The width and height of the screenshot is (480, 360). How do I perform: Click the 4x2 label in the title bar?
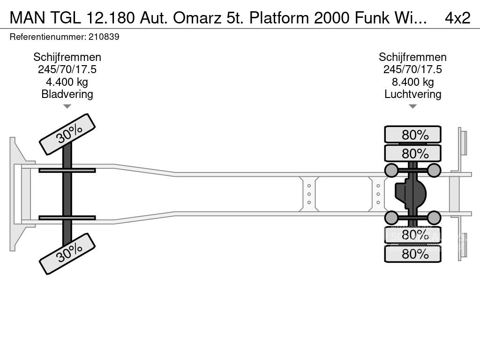point(457,18)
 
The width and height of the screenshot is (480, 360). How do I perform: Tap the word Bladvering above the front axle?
point(67,94)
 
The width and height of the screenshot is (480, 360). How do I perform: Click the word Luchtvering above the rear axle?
point(412,94)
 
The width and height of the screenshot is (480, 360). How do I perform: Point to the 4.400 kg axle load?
point(67,82)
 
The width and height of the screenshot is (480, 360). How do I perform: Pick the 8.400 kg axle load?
point(412,82)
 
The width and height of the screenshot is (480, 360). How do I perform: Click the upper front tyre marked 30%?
point(67,134)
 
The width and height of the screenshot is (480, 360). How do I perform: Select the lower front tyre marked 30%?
point(67,255)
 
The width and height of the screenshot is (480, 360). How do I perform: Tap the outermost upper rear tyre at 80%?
point(412,135)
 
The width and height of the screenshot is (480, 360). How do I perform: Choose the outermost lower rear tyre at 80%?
point(412,254)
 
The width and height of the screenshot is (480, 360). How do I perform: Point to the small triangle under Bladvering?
point(67,106)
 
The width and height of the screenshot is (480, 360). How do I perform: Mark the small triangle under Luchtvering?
point(412,106)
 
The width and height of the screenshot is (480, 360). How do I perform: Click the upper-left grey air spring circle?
point(391,170)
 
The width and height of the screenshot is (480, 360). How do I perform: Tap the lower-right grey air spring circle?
point(434,217)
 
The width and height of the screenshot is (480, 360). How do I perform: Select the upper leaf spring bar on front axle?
point(67,170)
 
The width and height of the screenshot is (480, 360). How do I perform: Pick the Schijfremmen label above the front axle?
point(67,57)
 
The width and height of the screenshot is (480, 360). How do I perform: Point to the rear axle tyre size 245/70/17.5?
point(412,69)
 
